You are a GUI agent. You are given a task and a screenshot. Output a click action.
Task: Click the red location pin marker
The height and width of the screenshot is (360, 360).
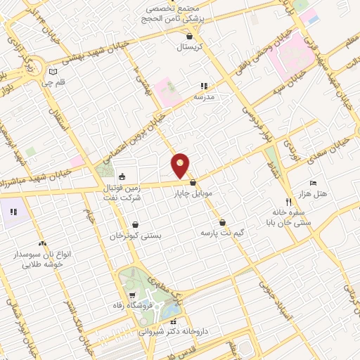pyautogui.click(x=181, y=165)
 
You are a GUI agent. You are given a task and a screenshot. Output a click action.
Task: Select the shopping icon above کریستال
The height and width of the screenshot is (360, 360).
pyautogui.click(x=189, y=35)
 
